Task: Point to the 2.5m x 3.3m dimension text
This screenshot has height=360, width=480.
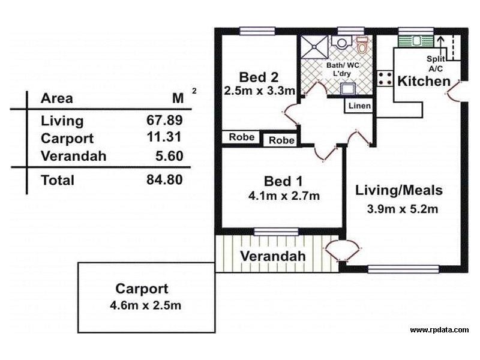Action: (259, 91)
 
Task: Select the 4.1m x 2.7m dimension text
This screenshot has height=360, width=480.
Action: (284, 196)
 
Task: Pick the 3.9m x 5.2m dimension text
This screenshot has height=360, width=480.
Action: (402, 209)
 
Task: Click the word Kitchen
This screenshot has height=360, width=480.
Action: (424, 81)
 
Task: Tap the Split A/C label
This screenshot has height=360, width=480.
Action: (436, 63)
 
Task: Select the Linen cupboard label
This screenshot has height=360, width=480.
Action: (359, 106)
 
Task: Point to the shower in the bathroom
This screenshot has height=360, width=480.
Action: (312, 44)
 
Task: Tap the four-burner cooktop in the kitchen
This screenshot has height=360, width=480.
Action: (384, 79)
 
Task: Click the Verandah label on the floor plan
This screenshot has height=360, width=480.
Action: (273, 256)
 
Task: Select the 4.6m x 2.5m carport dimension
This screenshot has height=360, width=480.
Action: (146, 305)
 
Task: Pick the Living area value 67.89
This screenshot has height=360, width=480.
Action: (164, 120)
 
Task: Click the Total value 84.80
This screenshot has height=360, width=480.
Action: (164, 179)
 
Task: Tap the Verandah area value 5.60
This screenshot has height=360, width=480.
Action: (168, 156)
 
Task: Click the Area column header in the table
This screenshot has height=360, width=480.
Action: (56, 99)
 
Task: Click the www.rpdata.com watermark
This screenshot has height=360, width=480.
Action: (439, 330)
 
